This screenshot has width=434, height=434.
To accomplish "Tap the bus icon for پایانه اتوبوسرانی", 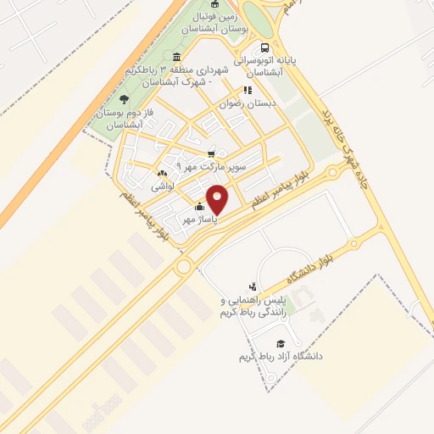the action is tap(266, 47).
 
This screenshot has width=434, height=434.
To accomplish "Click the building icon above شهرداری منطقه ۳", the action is tap(176, 58).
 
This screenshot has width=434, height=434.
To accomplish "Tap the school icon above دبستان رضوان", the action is tap(248, 89).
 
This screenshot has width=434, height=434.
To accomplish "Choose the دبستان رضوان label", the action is tap(248, 104).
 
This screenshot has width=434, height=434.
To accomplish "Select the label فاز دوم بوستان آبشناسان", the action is tap(124, 119).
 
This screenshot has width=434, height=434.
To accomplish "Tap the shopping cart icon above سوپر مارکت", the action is tap(211, 153).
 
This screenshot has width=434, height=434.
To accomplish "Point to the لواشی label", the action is tap(162, 185).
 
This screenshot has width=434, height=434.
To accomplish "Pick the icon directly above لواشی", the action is tap(162, 173).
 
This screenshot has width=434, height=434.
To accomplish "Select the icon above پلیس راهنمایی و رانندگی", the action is tap(253, 287).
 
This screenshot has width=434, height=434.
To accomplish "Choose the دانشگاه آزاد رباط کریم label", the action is tap(281, 357).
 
